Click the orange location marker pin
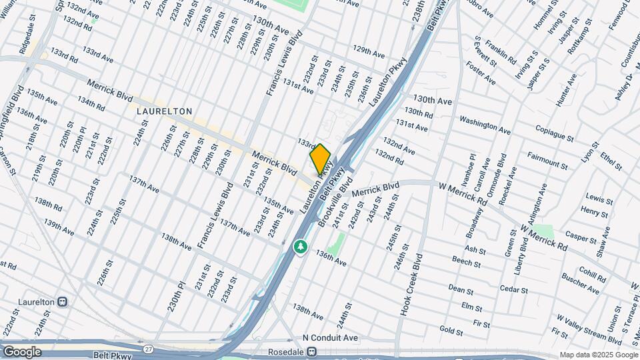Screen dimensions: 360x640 320,158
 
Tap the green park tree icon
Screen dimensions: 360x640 301,247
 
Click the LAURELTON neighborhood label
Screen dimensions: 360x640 165,111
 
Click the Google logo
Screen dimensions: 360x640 22,351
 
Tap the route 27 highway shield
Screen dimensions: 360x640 147,348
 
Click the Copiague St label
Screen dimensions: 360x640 548,136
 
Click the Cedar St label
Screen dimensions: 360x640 513,290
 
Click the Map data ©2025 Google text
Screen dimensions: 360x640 597,355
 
